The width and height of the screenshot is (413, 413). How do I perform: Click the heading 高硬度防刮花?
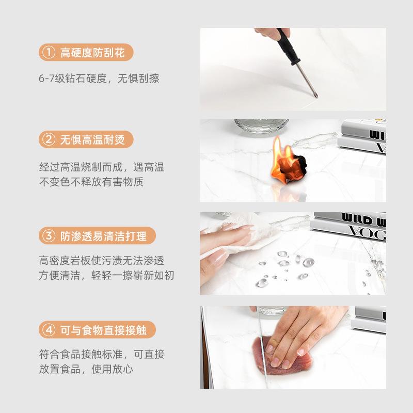[x=92, y=52]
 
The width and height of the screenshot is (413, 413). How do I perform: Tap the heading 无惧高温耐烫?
[x=92, y=139]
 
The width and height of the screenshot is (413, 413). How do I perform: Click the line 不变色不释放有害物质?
[x=91, y=181]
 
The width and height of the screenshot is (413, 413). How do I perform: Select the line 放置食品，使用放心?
[x=85, y=369]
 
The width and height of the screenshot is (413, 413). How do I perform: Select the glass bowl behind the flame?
[x=261, y=125]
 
